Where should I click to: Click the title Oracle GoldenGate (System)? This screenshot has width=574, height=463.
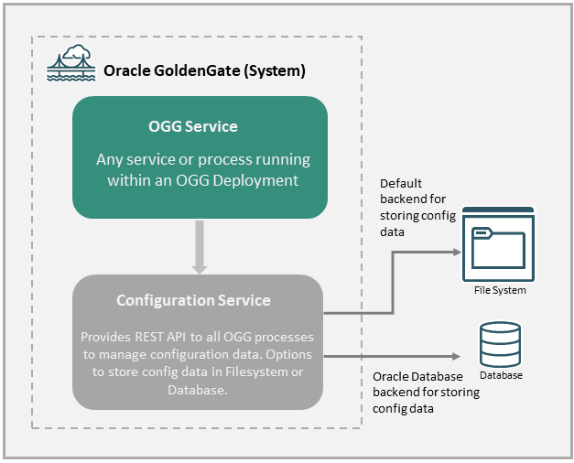204,70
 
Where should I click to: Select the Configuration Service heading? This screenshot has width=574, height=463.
193,300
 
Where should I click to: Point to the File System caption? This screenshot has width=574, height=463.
500,290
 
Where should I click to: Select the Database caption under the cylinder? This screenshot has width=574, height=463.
500,375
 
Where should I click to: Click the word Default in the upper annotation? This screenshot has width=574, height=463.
400,184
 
